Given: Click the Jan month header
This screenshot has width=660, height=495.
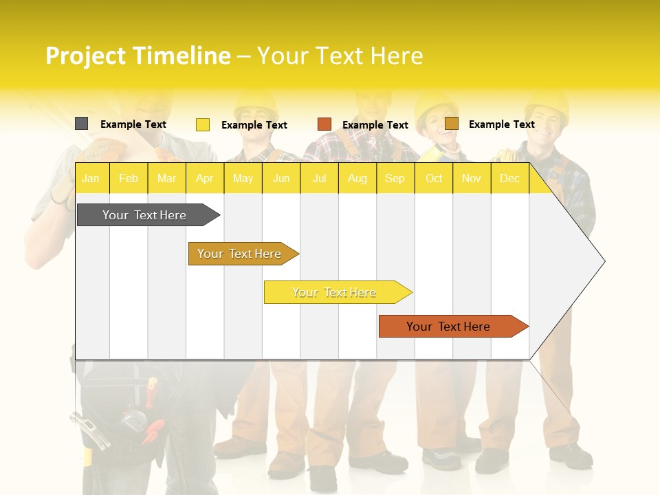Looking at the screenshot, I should click(x=91, y=179).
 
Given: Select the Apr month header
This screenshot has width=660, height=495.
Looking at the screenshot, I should click(x=204, y=179).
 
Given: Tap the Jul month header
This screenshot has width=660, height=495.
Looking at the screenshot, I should click(x=319, y=179).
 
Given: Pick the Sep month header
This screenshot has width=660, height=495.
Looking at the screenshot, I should click(x=395, y=179).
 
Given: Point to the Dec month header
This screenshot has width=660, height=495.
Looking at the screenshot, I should click(x=509, y=179).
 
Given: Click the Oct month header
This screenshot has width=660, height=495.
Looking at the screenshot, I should click(x=434, y=179).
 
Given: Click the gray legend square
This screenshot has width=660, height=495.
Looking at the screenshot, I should click(x=81, y=124).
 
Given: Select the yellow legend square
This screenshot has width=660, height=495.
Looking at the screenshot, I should click(x=203, y=124).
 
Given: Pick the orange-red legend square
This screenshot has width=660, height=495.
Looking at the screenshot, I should click(x=324, y=124).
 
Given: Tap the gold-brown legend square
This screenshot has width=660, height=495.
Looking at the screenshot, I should click(x=452, y=124).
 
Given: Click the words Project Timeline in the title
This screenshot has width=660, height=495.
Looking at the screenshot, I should click(x=137, y=56).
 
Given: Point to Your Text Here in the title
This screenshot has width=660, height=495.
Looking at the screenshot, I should click(x=340, y=56).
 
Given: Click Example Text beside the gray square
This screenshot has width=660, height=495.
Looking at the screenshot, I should click(x=133, y=124).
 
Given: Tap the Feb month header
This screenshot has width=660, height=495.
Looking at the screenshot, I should click(x=129, y=179).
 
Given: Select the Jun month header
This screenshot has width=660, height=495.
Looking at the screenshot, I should click(x=281, y=179).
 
